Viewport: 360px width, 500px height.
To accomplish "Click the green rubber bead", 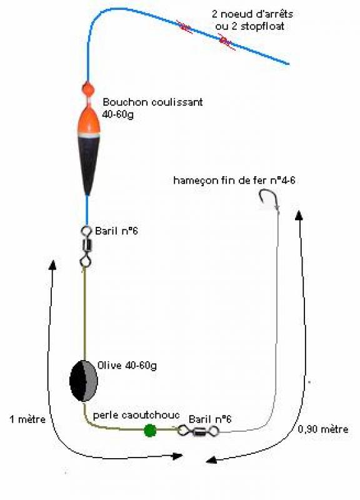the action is click(x=150, y=431).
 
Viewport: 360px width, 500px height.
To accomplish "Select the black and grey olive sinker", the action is click(x=84, y=381).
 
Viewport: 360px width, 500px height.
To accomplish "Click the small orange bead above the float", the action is click(x=87, y=88).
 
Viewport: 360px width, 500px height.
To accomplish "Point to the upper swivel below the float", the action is click(x=86, y=246).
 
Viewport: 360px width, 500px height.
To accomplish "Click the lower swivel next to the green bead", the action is click(x=199, y=431).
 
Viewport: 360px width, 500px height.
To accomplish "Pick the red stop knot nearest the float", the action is click(x=184, y=27).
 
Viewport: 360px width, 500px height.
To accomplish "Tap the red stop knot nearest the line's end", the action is click(x=227, y=42).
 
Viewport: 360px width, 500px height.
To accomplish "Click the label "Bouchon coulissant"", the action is click(x=152, y=102).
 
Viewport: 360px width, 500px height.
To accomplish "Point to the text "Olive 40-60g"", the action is click(x=127, y=366).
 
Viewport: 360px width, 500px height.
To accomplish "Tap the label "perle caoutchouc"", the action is click(x=136, y=415).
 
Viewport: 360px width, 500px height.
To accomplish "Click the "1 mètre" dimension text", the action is click(x=27, y=419).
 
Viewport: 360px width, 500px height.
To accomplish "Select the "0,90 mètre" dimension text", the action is click(x=322, y=429).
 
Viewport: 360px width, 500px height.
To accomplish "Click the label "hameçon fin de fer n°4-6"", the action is click(x=234, y=181).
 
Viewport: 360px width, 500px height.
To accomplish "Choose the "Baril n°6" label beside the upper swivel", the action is click(x=116, y=231).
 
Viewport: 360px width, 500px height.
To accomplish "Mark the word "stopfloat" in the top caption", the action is click(x=262, y=26).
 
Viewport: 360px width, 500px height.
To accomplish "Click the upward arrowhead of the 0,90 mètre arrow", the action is click(x=299, y=215).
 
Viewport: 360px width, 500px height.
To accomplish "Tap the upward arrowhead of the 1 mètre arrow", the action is click(x=52, y=265).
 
